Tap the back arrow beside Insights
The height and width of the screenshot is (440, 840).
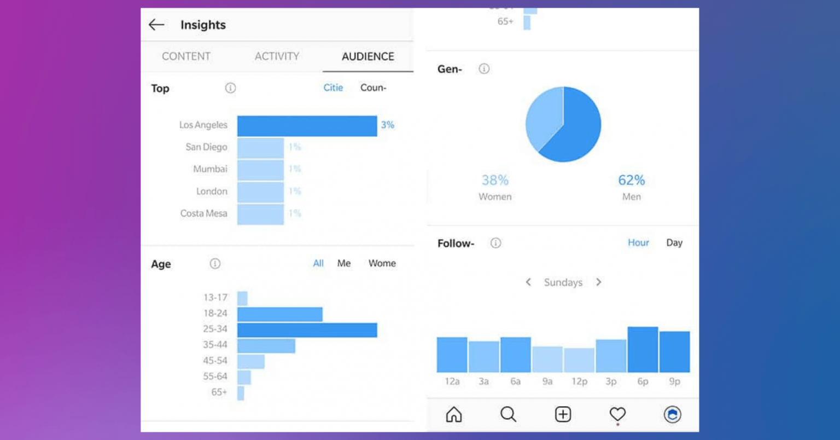(156, 25)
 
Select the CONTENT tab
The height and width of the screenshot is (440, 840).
(186, 56)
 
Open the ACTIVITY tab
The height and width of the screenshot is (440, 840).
(277, 56)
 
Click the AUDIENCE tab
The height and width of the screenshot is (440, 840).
(367, 56)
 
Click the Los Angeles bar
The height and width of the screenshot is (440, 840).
(307, 126)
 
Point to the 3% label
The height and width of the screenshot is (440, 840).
(388, 125)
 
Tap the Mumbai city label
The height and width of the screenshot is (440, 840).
(210, 169)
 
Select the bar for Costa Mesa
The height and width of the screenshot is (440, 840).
(260, 214)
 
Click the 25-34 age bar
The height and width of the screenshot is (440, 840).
(307, 330)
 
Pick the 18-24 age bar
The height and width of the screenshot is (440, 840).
(279, 314)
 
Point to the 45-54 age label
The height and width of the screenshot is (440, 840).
(215, 361)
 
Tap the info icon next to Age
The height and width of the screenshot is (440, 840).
(215, 264)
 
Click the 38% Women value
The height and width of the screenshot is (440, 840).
(495, 180)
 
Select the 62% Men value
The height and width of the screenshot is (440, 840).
(631, 180)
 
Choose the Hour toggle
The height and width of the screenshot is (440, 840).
(638, 242)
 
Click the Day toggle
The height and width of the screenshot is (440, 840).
(674, 242)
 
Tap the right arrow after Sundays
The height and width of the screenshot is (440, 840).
(599, 282)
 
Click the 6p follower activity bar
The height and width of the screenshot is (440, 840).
(643, 350)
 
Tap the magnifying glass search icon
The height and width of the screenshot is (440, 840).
(508, 414)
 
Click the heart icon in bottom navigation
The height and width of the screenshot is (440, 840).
(617, 414)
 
